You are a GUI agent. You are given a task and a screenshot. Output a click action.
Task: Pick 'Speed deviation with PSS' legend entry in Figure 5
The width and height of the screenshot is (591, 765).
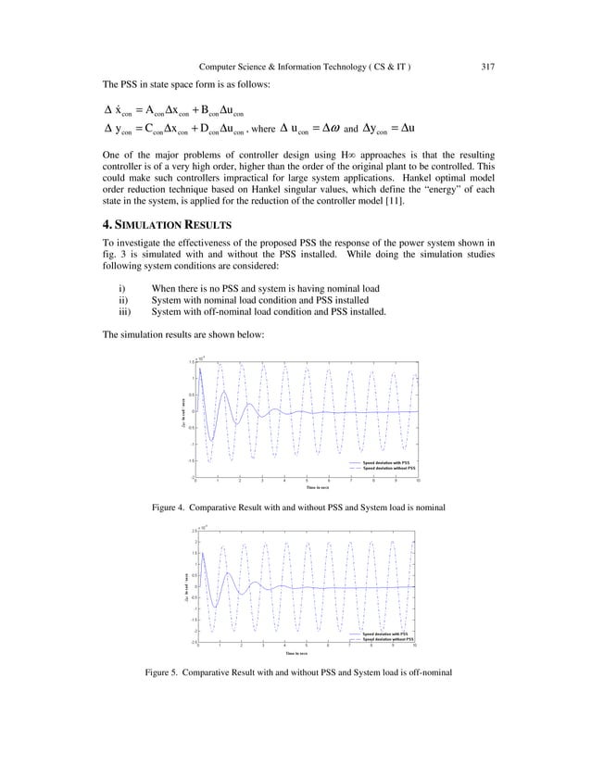386,633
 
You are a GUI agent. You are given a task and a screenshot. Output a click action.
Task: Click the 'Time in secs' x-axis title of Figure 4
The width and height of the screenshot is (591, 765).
307,487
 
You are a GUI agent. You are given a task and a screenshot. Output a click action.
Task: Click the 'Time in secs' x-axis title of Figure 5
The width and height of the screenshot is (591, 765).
305,653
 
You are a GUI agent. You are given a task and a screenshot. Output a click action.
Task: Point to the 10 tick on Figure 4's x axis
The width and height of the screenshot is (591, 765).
418,481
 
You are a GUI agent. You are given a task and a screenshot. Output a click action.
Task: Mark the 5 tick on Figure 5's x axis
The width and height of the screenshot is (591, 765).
307,646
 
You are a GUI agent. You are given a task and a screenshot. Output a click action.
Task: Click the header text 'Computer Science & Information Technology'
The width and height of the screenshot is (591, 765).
295,66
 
